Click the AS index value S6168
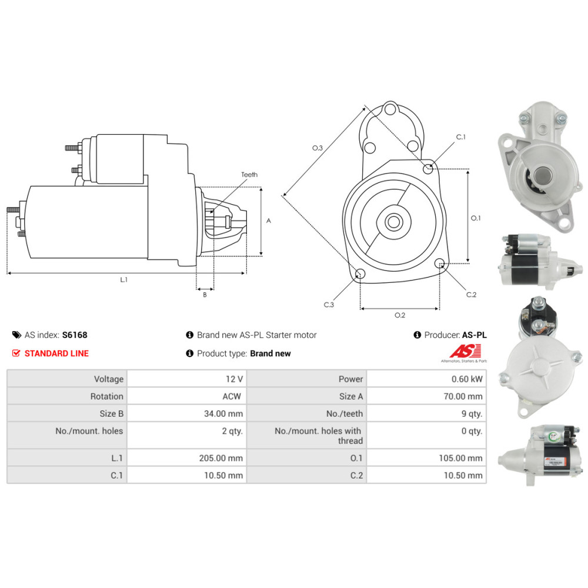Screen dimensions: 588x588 75,335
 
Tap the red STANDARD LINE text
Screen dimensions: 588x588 56,353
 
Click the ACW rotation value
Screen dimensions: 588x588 232,396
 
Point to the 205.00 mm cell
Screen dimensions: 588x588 221,458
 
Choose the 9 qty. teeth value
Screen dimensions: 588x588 472,413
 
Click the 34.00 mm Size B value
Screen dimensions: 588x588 223,413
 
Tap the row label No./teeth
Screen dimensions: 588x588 345,413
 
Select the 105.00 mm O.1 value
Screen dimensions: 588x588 460,458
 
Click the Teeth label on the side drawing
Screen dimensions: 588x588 249,175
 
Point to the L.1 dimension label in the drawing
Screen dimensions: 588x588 123,280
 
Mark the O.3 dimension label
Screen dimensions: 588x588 318,148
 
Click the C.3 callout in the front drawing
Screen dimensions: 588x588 329,305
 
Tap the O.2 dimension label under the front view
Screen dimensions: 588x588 400,315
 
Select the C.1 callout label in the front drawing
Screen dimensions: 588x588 461,137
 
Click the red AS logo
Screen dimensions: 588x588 465,352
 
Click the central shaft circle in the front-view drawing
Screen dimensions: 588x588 393,222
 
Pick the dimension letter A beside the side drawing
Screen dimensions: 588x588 269,221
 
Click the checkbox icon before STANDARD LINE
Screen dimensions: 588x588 16,353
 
